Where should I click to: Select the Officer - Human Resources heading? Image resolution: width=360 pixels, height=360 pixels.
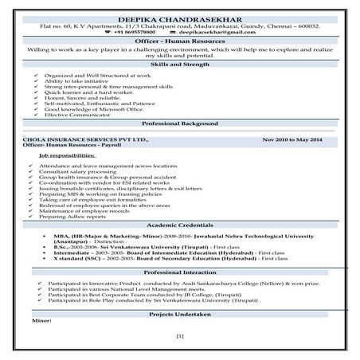point(180,42)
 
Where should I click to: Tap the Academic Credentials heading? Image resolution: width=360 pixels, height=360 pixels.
point(180,225)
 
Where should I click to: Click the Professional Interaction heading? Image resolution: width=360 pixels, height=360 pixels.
point(180,272)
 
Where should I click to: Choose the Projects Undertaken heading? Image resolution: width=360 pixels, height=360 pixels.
point(180,315)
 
